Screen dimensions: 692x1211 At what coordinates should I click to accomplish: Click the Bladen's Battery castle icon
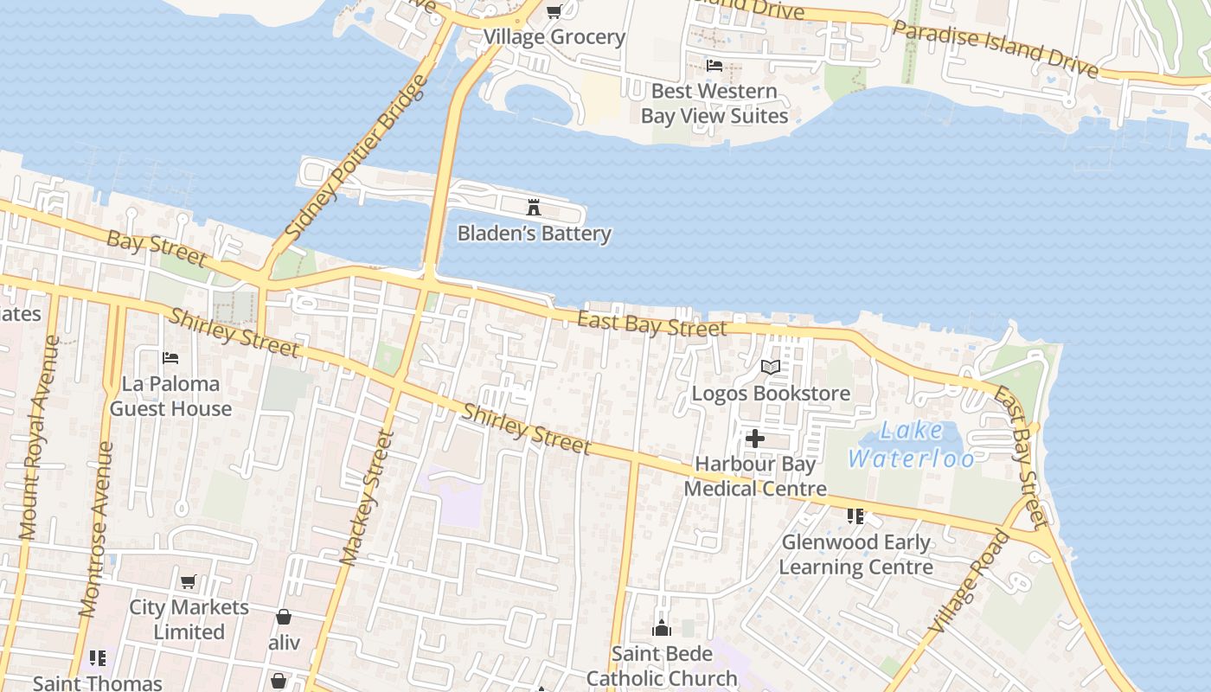click(534, 207)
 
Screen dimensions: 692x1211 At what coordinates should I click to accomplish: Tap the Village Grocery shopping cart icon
click(554, 11)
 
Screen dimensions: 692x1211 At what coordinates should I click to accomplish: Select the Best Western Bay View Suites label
click(714, 103)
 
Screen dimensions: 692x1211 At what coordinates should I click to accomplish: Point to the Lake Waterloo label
click(912, 444)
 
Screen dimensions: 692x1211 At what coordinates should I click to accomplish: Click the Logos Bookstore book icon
click(770, 367)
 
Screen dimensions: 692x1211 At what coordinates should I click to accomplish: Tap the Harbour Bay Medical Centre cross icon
click(755, 439)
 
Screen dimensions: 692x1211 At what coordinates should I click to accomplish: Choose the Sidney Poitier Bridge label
click(356, 157)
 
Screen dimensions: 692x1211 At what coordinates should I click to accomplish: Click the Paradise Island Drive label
click(995, 49)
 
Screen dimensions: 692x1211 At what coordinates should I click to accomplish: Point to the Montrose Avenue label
click(96, 529)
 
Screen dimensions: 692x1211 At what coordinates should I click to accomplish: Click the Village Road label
click(969, 580)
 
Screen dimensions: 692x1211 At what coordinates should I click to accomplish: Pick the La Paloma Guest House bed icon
click(170, 357)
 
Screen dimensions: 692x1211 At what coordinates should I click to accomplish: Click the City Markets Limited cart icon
click(189, 581)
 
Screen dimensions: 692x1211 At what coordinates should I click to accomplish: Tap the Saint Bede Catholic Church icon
click(662, 628)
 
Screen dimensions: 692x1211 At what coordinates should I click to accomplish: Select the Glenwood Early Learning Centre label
click(856, 554)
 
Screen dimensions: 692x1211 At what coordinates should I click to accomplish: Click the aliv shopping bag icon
click(283, 617)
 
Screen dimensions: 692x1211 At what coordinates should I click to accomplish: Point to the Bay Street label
click(157, 248)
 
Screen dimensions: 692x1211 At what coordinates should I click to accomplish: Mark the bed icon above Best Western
click(714, 65)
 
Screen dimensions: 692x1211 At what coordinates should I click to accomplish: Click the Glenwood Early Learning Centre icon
click(855, 516)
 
